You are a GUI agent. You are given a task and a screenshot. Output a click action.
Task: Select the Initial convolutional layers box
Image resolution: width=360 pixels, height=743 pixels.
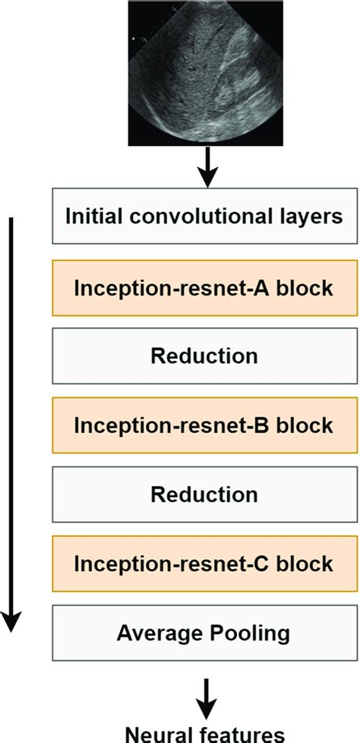pos(204,217)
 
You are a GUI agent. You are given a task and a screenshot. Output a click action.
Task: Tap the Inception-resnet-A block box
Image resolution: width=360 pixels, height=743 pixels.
pos(204,287)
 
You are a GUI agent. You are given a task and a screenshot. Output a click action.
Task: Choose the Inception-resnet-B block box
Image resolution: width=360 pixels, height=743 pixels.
pos(204,425)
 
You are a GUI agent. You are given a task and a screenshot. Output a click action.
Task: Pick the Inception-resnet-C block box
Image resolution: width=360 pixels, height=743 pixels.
pos(204,564)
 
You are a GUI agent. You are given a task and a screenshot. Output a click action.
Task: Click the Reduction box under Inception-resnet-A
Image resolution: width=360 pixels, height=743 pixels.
pos(204,356)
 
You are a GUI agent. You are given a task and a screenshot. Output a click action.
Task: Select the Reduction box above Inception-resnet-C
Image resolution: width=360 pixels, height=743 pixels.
pos(204,495)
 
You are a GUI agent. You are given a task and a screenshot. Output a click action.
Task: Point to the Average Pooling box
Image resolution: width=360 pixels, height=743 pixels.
pos(204,633)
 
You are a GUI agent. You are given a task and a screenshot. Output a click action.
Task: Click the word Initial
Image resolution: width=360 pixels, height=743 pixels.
pos(91,217)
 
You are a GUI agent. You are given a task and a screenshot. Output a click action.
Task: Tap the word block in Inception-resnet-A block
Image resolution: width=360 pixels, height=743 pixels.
pos(308,287)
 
